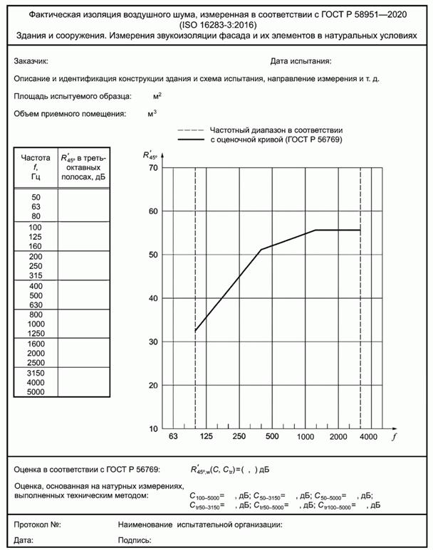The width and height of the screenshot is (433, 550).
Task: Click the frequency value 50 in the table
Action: coord(36,196)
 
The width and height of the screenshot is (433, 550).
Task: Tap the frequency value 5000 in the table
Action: coord(36,391)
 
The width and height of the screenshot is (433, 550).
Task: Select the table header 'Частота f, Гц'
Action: coord(36,166)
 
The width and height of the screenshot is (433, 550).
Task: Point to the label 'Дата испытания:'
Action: coord(301,63)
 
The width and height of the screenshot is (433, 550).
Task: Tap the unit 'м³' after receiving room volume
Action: coord(152,112)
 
